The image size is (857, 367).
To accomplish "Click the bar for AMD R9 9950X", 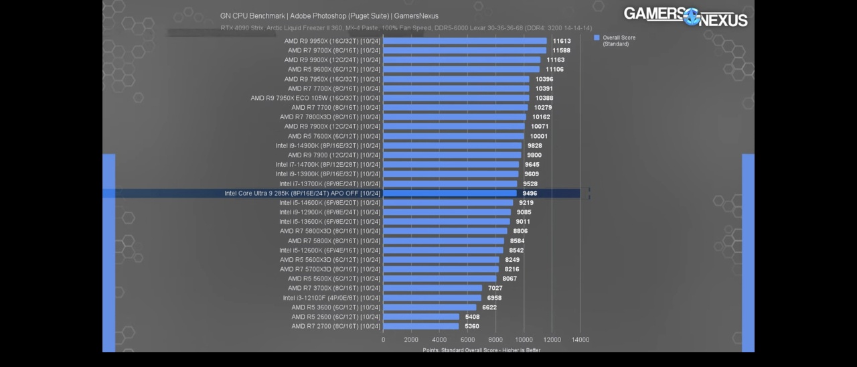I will point(465,41).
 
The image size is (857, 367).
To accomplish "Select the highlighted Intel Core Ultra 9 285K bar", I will point(450,194).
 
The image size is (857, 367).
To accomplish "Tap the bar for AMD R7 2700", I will point(421,326).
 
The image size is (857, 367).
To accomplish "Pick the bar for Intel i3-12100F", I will point(432,298).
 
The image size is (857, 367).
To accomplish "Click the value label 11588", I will point(562,50).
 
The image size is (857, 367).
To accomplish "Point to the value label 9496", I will point(530,194).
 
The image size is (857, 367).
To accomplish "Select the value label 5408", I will point(472,317).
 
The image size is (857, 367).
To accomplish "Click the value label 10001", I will point(538,136).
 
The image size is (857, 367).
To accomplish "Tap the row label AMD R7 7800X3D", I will point(330,117).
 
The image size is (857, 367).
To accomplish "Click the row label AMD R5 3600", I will point(335,307).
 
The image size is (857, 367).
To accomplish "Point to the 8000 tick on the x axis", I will point(495,340).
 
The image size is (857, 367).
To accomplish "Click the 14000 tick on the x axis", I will point(580,340).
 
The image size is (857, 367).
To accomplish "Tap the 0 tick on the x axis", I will point(383,340).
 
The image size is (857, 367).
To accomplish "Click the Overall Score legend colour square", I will point(597,38).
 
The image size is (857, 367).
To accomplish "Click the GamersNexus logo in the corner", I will point(685,16).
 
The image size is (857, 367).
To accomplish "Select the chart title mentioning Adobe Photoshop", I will point(329,16).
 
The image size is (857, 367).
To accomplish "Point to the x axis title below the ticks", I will point(481,350).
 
